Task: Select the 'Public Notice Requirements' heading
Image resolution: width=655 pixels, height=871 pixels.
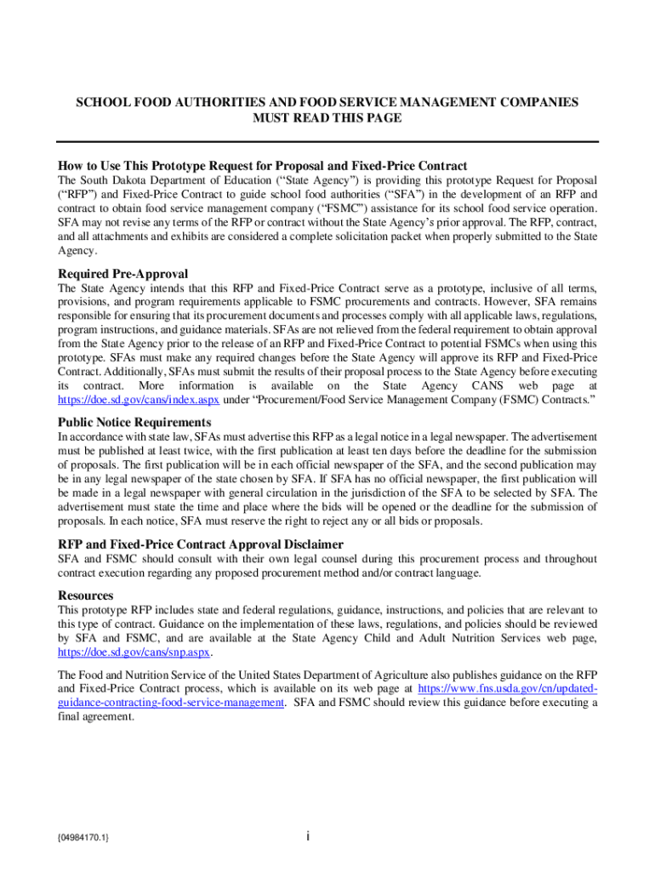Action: pyautogui.click(x=134, y=422)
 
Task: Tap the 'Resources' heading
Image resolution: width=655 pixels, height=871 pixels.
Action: pyautogui.click(x=86, y=595)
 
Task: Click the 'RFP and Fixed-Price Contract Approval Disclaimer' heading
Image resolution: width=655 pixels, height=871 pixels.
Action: pyautogui.click(x=200, y=544)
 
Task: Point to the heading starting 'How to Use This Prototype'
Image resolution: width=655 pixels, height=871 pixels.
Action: pyautogui.click(x=262, y=166)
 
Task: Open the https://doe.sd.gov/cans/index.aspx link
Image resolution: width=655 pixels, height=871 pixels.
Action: pyautogui.click(x=139, y=399)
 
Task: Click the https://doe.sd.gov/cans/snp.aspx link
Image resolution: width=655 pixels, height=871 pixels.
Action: pyautogui.click(x=134, y=653)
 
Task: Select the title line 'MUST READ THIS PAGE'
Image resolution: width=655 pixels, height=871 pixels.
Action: pyautogui.click(x=327, y=118)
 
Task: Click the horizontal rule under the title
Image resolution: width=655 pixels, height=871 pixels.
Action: pyautogui.click(x=327, y=142)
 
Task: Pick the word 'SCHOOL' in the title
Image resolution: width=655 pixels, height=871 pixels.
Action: pyautogui.click(x=102, y=102)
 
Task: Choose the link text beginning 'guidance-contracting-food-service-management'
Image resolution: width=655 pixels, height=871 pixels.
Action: pyautogui.click(x=170, y=703)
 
